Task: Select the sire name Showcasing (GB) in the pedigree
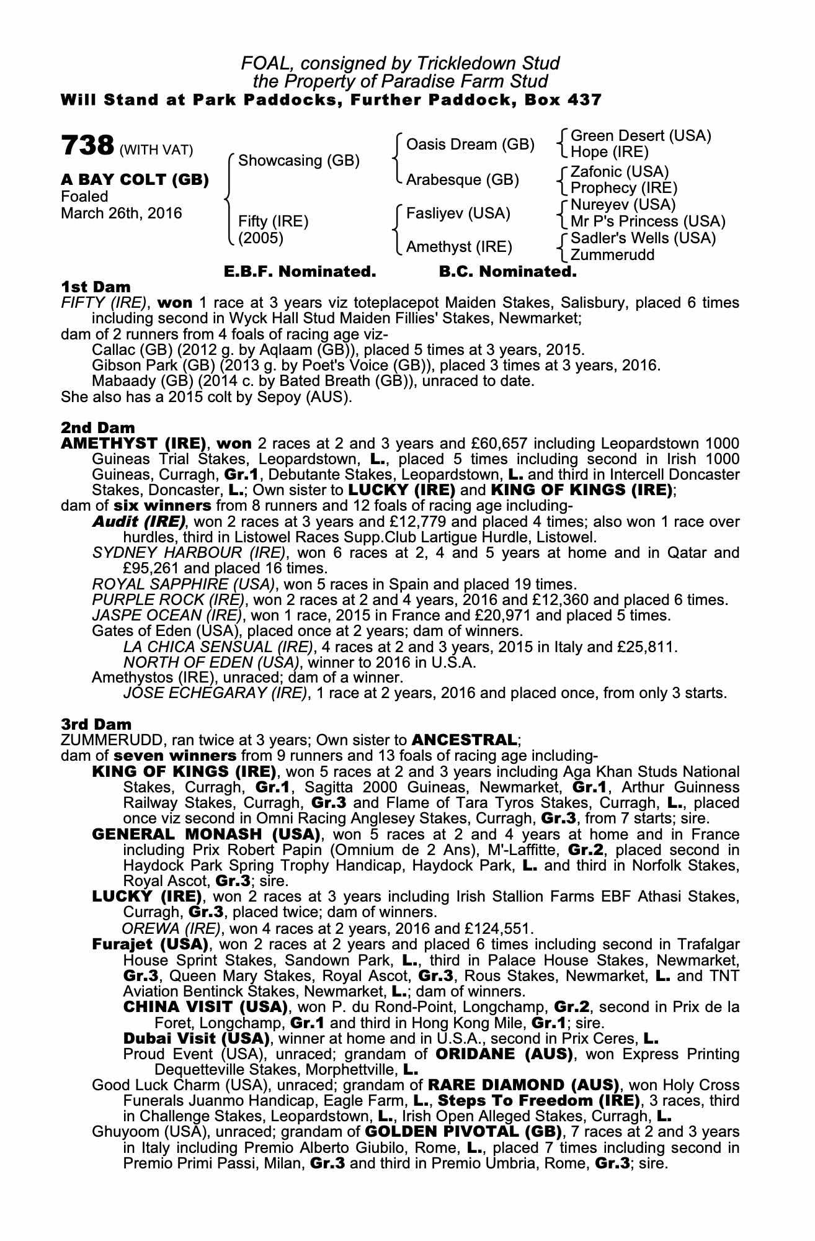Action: pos(299,161)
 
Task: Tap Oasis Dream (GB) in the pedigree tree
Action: pos(470,145)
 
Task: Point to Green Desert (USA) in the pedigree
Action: pos(641,136)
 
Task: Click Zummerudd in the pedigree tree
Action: pos(612,254)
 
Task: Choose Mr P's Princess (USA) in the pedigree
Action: pos(648,222)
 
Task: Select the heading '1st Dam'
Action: pos(96,287)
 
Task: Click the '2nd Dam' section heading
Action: pos(97,428)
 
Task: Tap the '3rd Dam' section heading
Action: pos(96,724)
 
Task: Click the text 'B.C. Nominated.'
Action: pos(507,272)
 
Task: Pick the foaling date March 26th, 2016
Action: pos(122,213)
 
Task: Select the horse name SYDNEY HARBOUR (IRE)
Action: pos(189,553)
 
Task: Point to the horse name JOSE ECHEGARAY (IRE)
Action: pos(215,692)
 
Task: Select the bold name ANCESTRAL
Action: pos(464,740)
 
